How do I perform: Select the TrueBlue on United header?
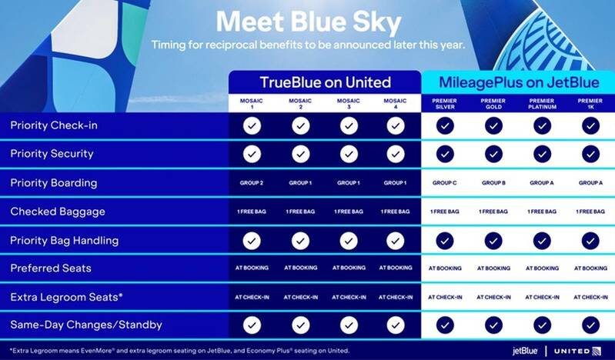coord(324,82)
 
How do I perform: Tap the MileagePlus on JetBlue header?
coord(516,82)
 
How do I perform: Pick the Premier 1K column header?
coord(590,104)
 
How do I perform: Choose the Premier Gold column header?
coord(493,104)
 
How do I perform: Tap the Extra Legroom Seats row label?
coord(67,296)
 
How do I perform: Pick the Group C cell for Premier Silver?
coord(445,183)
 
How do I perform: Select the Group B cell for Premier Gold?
coord(493,183)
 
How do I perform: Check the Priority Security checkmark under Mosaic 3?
coord(348,154)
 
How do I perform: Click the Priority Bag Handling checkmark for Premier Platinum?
coord(541,240)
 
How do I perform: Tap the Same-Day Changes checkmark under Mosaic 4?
coord(396,325)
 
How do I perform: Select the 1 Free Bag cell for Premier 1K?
coord(590,212)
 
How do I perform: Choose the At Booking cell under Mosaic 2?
coord(299,268)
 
